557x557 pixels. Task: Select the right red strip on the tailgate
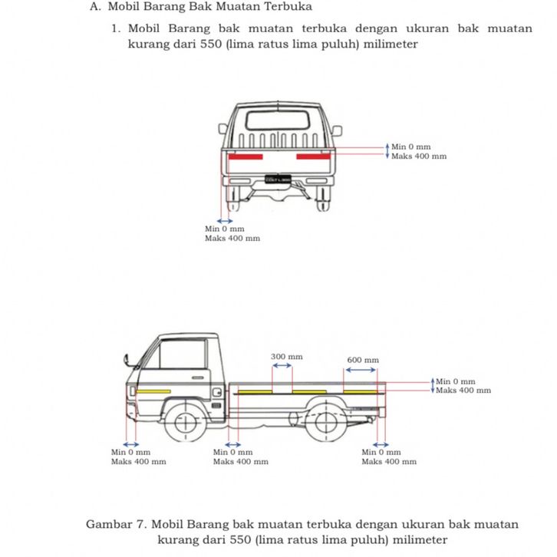point(313,157)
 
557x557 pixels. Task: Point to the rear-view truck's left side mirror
point(223,130)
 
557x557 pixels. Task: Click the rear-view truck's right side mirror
point(336,130)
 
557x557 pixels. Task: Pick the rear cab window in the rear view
point(279,120)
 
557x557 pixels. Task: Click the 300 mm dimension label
point(287,357)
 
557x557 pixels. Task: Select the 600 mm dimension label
point(363,360)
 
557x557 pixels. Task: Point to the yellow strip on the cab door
point(153,391)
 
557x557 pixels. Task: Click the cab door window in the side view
point(180,354)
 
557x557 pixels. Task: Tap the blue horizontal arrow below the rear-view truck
point(225,221)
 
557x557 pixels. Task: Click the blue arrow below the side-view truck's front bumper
point(131,444)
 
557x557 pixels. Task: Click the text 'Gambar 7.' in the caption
point(116,525)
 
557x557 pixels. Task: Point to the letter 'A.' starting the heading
point(95,7)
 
